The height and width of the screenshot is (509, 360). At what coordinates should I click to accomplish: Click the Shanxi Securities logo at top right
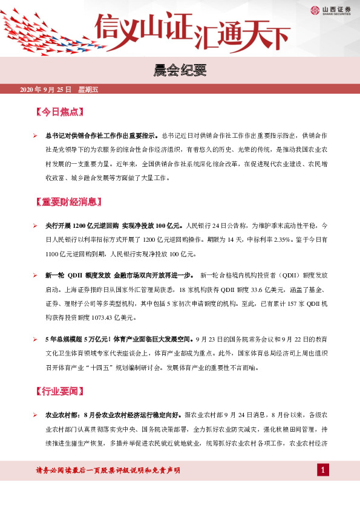click(330, 9)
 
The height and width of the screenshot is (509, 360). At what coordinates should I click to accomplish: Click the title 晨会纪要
click(180, 72)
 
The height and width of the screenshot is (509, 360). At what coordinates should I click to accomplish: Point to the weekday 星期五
click(88, 90)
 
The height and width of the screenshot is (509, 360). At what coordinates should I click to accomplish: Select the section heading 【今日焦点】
click(60, 112)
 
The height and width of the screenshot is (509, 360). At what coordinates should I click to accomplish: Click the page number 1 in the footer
click(324, 470)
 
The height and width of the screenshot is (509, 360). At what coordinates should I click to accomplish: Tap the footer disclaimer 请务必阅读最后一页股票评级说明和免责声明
click(108, 470)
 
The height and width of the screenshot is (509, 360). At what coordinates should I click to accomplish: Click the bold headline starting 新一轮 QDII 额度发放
click(119, 275)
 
